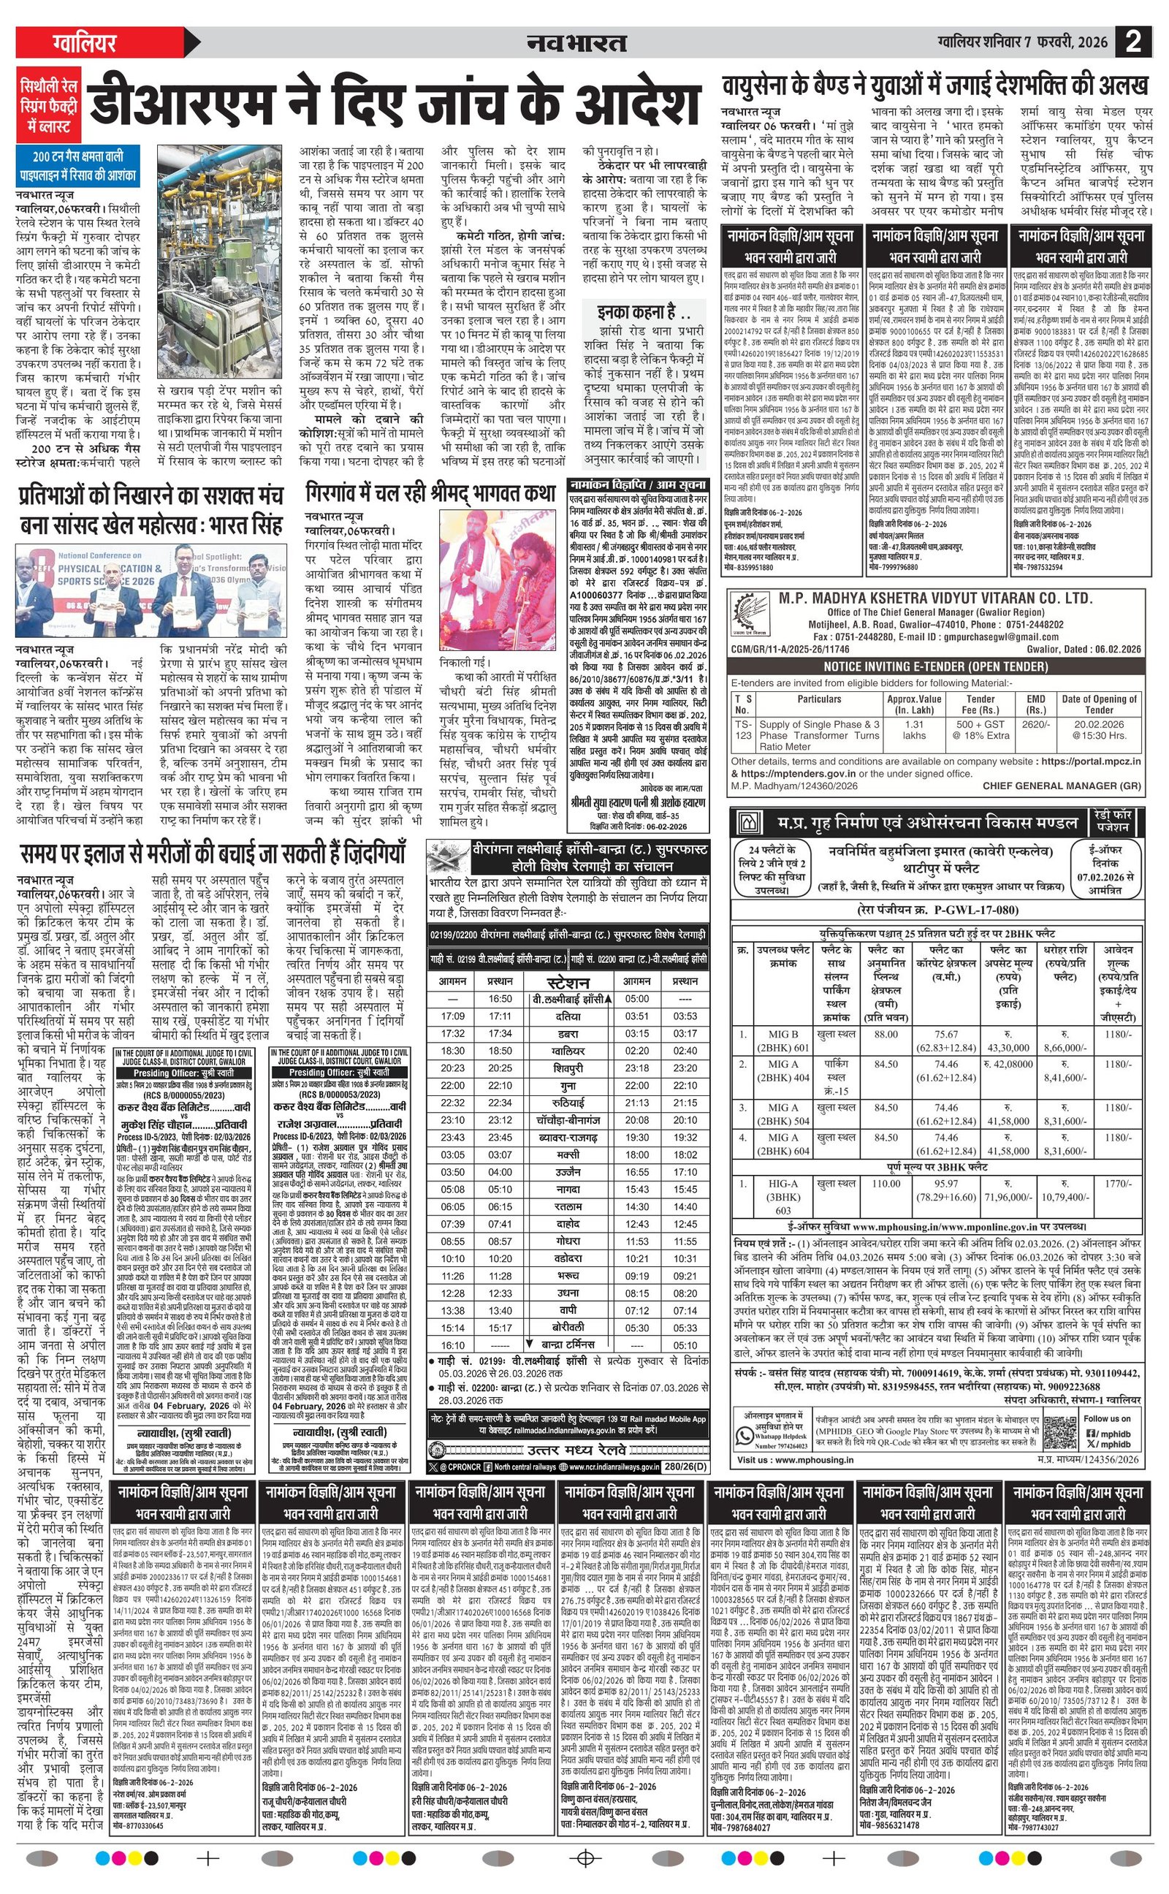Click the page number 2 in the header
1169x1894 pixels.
point(1133,41)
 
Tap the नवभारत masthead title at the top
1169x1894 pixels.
point(576,42)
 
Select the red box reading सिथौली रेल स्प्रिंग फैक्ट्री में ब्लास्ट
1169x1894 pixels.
point(49,102)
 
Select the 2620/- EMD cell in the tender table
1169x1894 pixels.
point(1035,724)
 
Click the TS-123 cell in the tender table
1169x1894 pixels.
point(742,730)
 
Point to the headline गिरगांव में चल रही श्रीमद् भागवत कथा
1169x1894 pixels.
point(430,492)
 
